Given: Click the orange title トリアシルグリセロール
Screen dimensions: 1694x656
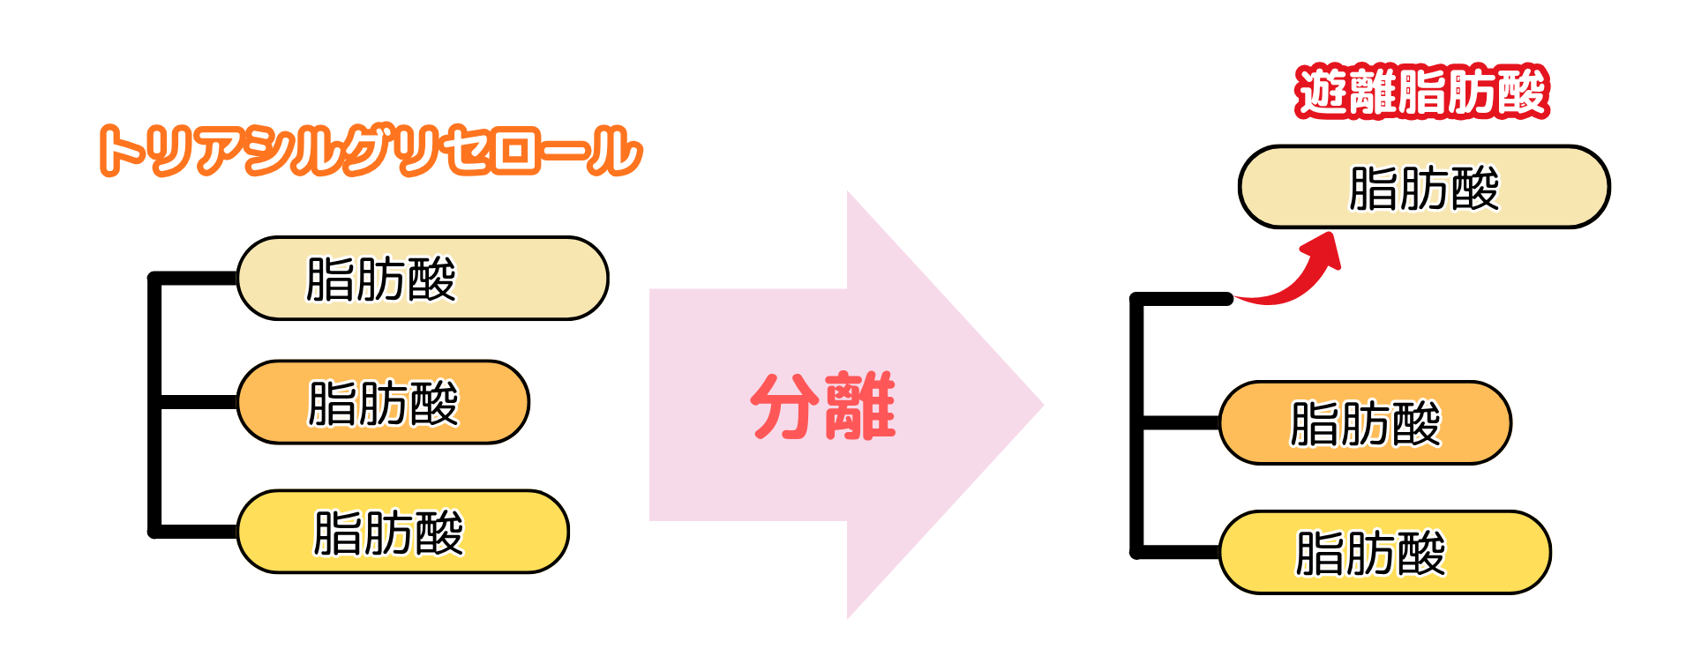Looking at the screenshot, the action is coord(371,151).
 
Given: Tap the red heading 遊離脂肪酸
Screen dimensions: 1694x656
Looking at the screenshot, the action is coord(1422,92).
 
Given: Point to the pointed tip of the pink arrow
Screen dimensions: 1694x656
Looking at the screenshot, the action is coord(1043,406).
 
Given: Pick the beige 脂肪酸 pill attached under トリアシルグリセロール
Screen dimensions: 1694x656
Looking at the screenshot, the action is coord(423,278).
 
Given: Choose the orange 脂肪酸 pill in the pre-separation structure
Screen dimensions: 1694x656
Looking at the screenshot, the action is coord(383,402).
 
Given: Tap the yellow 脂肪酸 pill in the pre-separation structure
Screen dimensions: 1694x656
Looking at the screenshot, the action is coord(403,532).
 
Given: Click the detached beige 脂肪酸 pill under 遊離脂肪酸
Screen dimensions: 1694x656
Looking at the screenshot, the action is coord(1424,187).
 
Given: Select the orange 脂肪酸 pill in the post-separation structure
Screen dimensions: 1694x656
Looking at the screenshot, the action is coord(1365,423).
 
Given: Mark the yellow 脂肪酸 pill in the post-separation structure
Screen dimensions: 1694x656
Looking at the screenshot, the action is coord(1385,553).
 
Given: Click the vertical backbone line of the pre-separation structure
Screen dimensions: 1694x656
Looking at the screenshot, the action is coord(154,405).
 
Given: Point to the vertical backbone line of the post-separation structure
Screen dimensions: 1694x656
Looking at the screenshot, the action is coord(1136,426).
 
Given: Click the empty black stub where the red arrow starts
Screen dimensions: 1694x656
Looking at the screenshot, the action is coord(1182,300).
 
